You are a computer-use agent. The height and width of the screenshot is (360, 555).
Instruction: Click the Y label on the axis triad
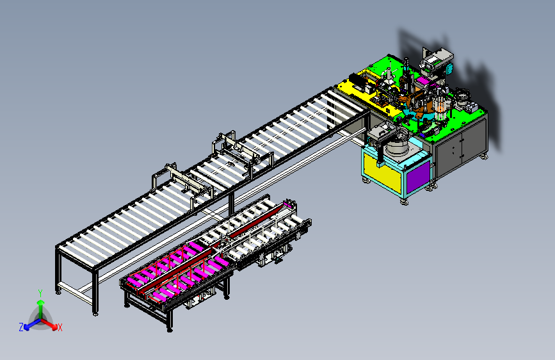point(40,293)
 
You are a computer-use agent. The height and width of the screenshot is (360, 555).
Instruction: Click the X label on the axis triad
point(60,328)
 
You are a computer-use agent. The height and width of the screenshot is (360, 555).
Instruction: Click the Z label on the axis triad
point(21,327)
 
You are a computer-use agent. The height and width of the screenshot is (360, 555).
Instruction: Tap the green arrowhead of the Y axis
point(41,302)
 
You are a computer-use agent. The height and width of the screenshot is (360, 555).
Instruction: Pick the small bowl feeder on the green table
point(462,95)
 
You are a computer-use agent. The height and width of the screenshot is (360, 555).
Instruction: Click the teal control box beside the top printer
point(450,69)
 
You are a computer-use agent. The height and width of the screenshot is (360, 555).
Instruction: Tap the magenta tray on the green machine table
point(422,81)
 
